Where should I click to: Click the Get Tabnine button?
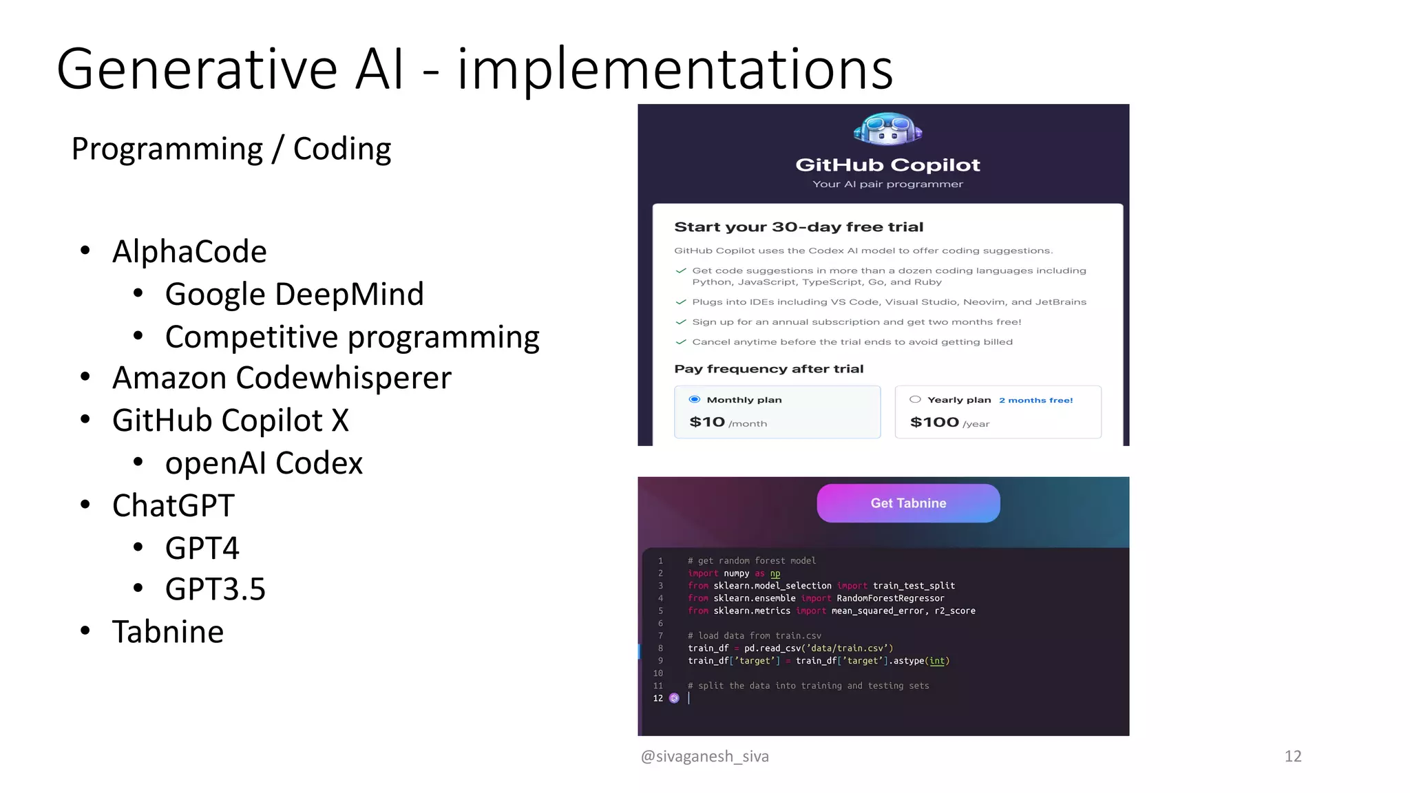coord(908,503)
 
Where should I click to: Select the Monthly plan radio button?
coord(695,399)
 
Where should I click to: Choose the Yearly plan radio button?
coord(915,399)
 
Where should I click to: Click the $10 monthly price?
coord(707,422)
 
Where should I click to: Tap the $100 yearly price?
coord(934,422)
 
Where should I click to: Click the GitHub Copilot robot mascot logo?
coord(887,129)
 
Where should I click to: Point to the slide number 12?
coord(1292,756)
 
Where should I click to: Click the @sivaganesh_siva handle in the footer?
coord(704,756)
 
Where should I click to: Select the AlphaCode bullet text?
coord(189,251)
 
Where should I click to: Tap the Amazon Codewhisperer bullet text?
coord(282,378)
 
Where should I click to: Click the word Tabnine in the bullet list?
coord(168,632)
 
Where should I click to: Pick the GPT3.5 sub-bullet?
coord(215,589)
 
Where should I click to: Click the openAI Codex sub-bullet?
coord(264,463)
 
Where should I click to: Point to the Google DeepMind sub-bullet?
coord(294,294)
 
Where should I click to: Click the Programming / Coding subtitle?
coord(231,149)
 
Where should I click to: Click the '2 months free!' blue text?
coord(1035,400)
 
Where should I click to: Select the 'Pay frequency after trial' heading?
coord(768,369)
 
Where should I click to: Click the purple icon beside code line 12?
coord(674,698)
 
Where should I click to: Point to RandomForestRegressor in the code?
coord(890,598)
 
